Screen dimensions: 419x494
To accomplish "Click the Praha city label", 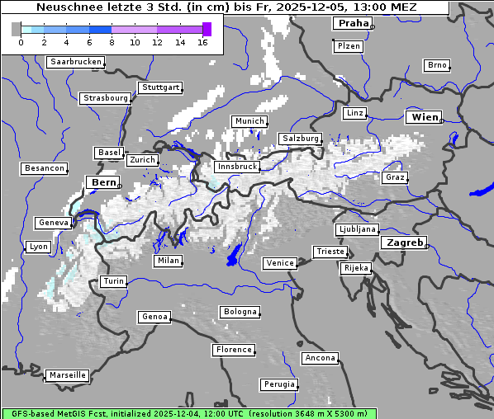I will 353,23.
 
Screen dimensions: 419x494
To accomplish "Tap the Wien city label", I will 424,117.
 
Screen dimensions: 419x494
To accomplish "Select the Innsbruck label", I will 235,167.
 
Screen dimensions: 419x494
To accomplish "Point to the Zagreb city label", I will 404,242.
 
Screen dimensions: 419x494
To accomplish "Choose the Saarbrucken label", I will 76,62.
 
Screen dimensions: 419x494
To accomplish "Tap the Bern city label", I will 103,182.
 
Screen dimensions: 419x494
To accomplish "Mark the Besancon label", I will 45,168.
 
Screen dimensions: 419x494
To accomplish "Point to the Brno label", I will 437,65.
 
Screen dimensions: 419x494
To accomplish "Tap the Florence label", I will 234,350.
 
